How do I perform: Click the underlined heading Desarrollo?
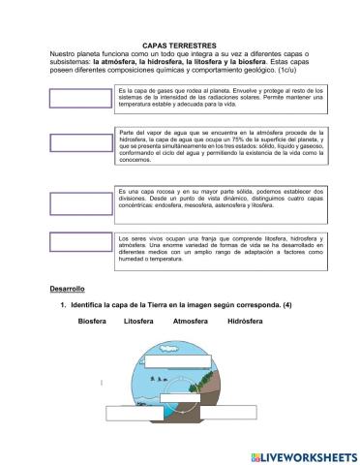point(68,289)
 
